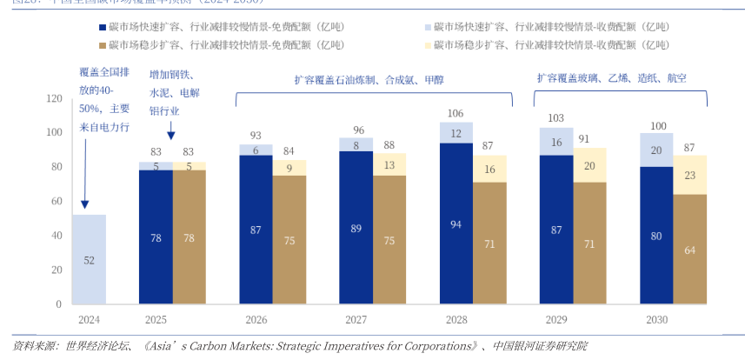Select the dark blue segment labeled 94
(456, 223)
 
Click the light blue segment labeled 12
(456, 133)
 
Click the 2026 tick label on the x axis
(256, 320)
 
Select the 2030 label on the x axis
(657, 320)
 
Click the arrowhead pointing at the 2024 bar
(84, 205)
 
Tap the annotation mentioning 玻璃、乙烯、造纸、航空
(612, 78)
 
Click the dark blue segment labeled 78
(156, 237)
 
